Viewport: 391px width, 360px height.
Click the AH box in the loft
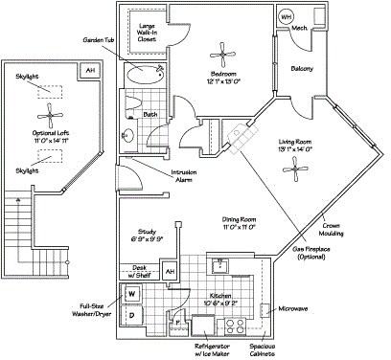pos(91,71)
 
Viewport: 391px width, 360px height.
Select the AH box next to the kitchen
pos(169,272)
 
